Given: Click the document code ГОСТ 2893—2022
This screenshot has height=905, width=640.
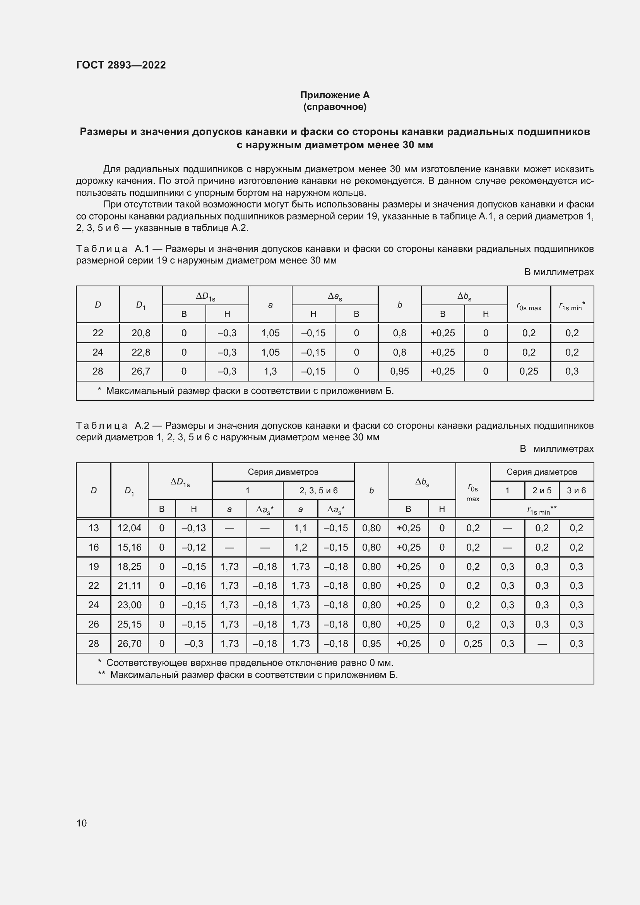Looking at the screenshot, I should click(x=121, y=65).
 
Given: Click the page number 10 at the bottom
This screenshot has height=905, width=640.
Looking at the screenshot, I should click(x=82, y=823).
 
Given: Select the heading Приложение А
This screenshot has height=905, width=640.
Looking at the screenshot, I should click(x=335, y=95).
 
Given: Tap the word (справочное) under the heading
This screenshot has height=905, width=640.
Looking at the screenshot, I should click(x=335, y=107).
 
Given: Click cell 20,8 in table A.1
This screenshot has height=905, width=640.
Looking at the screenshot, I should click(x=141, y=333).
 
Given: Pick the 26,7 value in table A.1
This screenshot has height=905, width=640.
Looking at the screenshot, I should click(x=141, y=371).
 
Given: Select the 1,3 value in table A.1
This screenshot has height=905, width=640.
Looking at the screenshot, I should click(x=270, y=371).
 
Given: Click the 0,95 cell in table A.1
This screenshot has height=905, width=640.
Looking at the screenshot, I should click(x=399, y=371).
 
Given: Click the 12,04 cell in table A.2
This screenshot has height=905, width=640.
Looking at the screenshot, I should click(x=129, y=528).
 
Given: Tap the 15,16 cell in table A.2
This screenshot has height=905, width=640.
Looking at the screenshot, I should click(x=129, y=547).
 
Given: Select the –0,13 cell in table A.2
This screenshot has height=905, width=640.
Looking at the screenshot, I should click(x=193, y=528).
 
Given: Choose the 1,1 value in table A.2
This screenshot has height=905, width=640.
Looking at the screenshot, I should click(x=300, y=528).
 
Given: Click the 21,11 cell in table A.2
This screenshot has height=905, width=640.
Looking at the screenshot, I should click(x=129, y=585).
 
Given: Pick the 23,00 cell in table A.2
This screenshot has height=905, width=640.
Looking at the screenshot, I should click(x=129, y=605).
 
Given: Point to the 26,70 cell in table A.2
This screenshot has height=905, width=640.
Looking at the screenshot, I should click(x=129, y=643).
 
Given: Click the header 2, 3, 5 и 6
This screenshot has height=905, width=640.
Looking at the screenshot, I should click(x=318, y=490).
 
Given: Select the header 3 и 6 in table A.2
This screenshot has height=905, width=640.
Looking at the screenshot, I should click(x=576, y=490).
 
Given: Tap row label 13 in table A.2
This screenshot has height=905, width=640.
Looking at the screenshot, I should click(x=93, y=528).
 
